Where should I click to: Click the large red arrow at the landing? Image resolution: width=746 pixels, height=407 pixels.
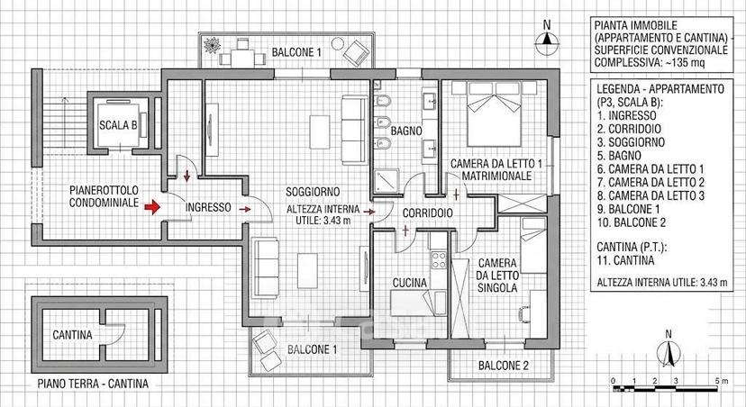(153, 207)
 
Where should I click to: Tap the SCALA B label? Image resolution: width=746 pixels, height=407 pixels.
(118, 125)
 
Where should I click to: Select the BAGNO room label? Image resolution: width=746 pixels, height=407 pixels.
(406, 131)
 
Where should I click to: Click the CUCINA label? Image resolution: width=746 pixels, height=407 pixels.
(410, 284)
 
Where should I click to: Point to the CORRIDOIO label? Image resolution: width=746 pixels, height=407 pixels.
(428, 213)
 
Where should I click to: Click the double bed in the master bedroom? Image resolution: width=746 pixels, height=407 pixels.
(495, 114)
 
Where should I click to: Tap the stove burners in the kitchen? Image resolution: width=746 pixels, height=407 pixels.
(439, 260)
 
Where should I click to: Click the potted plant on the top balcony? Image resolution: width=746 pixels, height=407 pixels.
(212, 45)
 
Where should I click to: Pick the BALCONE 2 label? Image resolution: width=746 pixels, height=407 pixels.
(504, 366)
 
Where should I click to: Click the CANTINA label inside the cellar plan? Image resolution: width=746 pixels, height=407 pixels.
(72, 335)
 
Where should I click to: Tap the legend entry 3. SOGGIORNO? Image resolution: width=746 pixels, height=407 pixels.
(631, 142)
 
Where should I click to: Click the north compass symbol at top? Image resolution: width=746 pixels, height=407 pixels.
(547, 40)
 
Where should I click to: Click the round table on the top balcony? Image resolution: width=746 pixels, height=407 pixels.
(337, 44)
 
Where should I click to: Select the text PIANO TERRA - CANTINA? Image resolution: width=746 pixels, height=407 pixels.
(93, 384)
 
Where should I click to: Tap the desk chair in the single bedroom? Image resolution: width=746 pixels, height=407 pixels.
(523, 314)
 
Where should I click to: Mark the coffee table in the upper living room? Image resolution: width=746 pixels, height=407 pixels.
(320, 131)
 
